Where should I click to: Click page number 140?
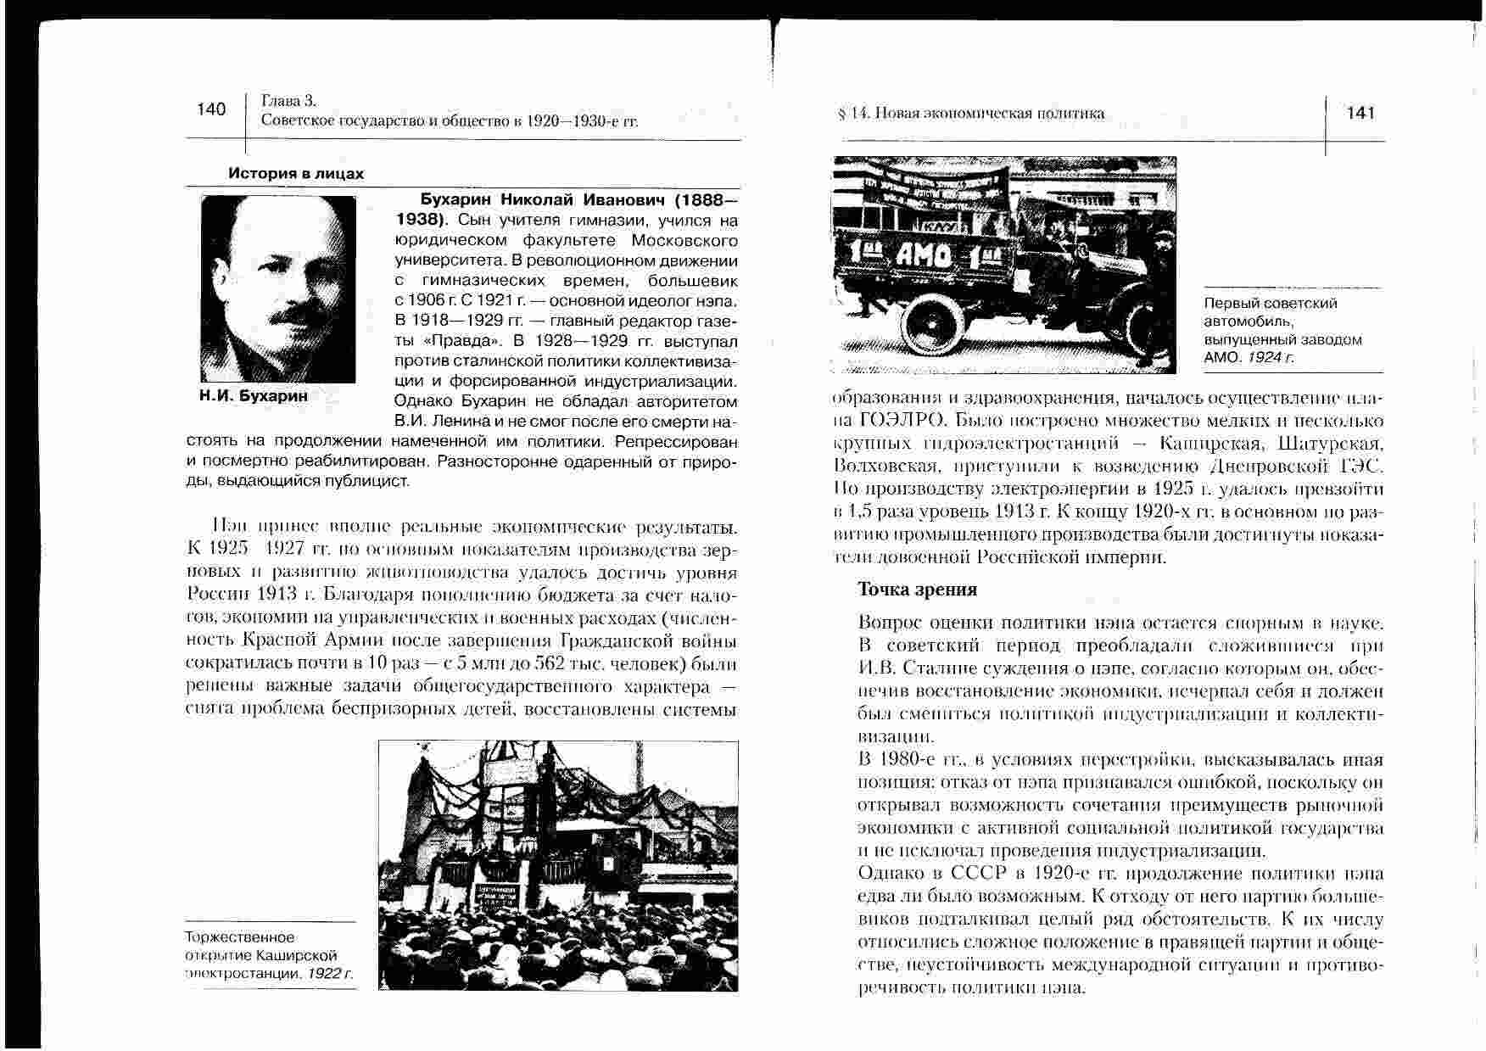coord(211,109)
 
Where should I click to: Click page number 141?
coord(1360,114)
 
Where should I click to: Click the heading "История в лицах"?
coord(296,174)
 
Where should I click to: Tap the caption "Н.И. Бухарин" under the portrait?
coord(254,396)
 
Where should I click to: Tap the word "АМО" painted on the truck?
coord(928,254)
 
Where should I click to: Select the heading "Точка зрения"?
coord(917,590)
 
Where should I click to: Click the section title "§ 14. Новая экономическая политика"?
coord(970,114)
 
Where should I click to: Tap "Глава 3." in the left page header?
coord(289,101)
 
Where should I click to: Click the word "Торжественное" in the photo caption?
coord(240,937)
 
